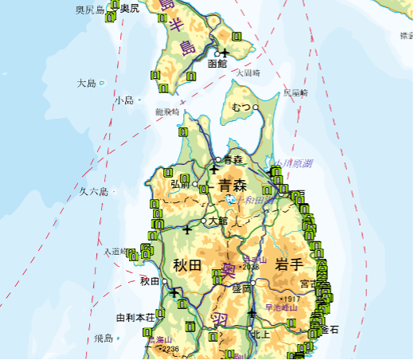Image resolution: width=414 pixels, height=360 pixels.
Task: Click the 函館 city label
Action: click(217, 63)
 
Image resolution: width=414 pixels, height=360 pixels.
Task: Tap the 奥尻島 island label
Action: click(90, 10)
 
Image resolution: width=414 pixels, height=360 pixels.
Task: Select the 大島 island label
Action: click(86, 83)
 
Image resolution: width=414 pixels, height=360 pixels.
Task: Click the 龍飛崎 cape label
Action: click(167, 112)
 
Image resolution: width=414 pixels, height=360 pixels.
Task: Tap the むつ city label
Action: click(241, 107)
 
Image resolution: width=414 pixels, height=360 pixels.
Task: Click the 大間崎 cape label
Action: click(248, 72)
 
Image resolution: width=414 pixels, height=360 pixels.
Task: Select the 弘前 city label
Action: click(180, 184)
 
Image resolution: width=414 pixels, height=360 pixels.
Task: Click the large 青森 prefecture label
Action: click(232, 186)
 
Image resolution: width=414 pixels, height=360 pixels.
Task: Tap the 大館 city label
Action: click(217, 221)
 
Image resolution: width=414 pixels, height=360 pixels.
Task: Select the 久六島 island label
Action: click(93, 191)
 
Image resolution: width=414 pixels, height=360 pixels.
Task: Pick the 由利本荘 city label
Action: click(134, 317)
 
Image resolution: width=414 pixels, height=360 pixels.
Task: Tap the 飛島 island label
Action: click(103, 338)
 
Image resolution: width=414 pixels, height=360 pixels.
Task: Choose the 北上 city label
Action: click(261, 335)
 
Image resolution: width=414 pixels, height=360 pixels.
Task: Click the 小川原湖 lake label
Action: click(292, 163)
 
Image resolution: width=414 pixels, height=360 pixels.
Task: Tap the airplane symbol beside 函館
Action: click(225, 53)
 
